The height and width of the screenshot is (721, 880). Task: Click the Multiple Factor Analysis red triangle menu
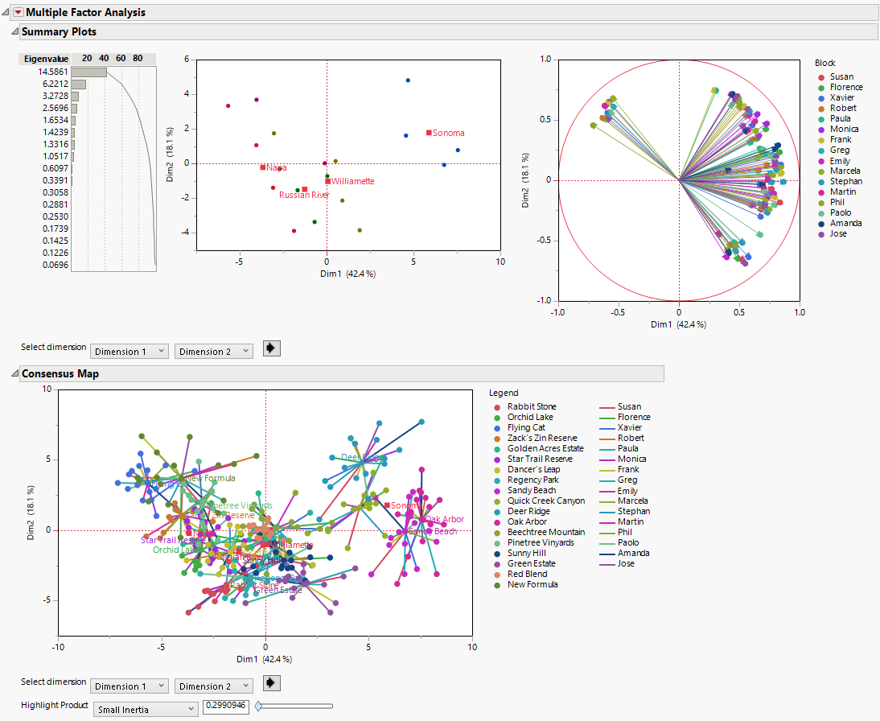19,12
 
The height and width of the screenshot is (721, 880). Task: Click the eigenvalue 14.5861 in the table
53,72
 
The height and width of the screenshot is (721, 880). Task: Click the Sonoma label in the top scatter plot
448,133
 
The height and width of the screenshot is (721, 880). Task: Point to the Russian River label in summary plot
304,195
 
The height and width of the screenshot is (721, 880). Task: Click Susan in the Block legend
841,76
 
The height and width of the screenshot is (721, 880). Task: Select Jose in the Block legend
839,233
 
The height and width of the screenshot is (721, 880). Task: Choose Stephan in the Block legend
845,181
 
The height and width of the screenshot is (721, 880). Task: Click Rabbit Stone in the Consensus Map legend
531,406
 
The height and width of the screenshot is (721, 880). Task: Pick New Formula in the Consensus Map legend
532,584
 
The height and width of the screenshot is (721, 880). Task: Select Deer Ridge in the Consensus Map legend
528,511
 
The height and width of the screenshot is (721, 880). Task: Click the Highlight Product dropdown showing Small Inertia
146,708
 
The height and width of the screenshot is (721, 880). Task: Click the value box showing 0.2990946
226,707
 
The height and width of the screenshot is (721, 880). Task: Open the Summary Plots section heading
59,31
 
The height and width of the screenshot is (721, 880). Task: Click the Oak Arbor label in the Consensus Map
444,519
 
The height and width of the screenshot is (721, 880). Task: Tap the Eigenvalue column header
46,59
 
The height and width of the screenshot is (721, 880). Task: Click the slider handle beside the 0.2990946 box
258,707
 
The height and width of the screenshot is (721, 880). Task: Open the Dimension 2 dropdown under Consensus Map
213,686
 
